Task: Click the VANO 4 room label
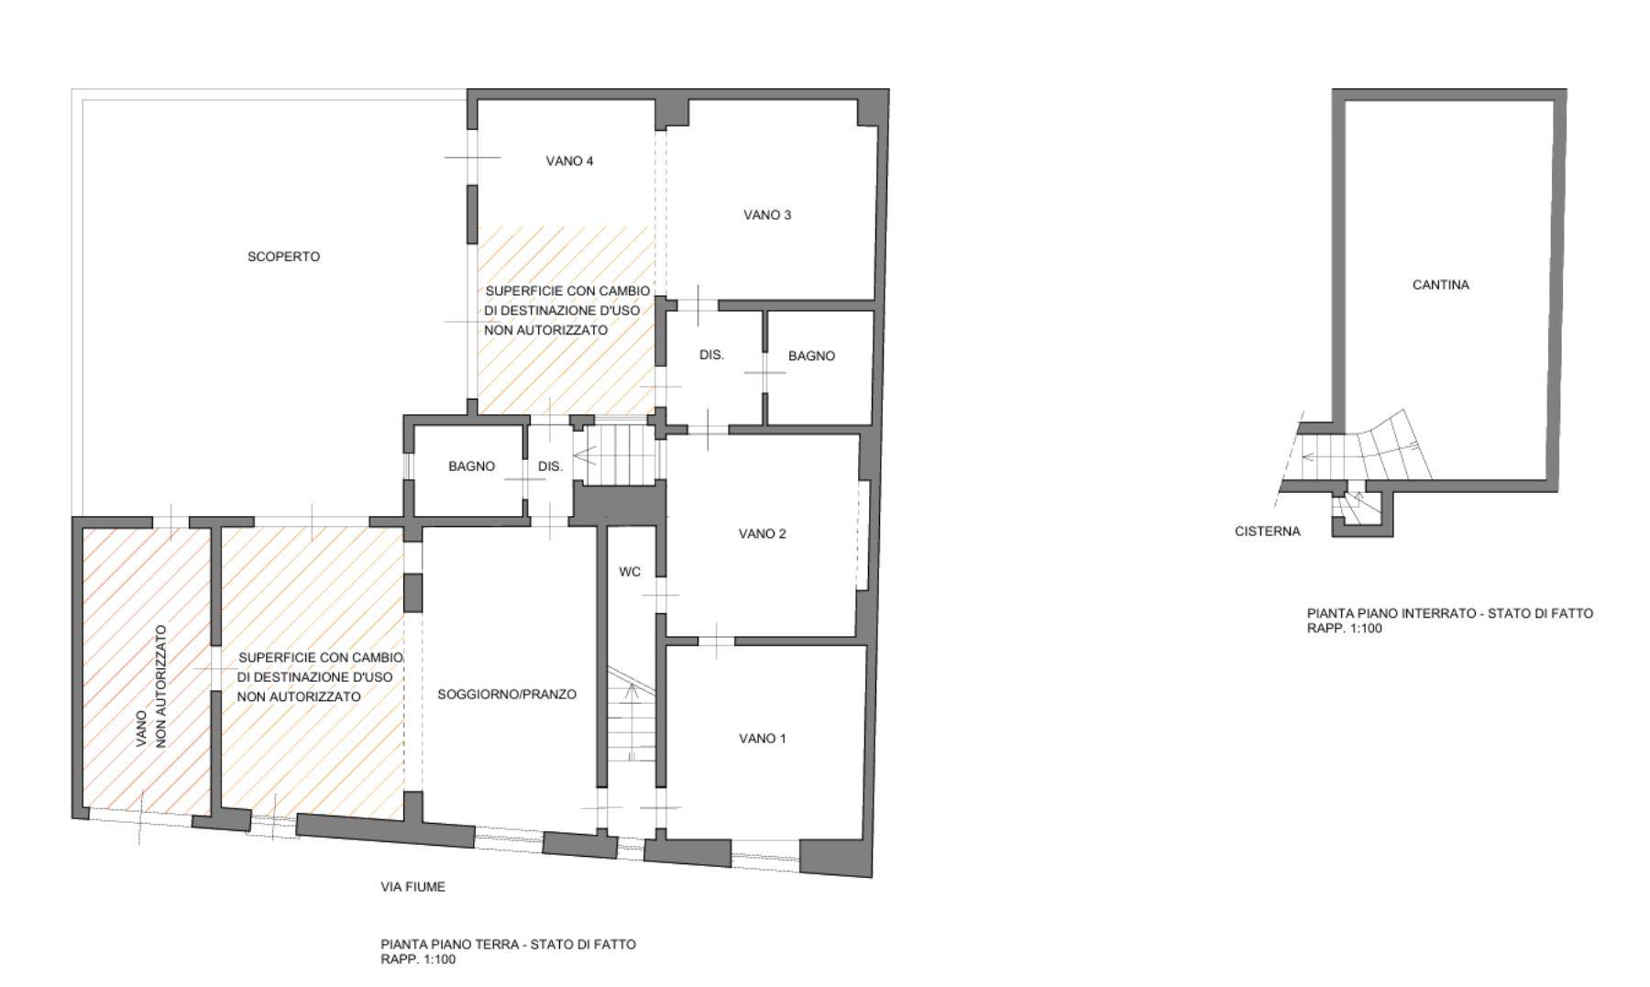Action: pyautogui.click(x=569, y=161)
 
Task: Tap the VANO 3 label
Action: pyautogui.click(x=767, y=215)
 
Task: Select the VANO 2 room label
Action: pyautogui.click(x=763, y=534)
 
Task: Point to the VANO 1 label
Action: pyautogui.click(x=763, y=739)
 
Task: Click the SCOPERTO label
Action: pyautogui.click(x=284, y=257)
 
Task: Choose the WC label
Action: pyautogui.click(x=630, y=572)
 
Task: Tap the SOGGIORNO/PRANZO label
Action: pyautogui.click(x=507, y=695)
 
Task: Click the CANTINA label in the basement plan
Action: pyautogui.click(x=1441, y=285)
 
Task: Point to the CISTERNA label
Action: pyautogui.click(x=1268, y=532)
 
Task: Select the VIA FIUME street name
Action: pyautogui.click(x=413, y=887)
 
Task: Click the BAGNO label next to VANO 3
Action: pyautogui.click(x=812, y=356)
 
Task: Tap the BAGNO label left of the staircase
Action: pyautogui.click(x=472, y=466)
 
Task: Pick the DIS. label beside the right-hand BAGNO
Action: pyautogui.click(x=712, y=355)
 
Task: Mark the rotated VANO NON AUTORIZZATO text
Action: pyautogui.click(x=151, y=686)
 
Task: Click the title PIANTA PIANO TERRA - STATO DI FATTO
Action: pyautogui.click(x=509, y=944)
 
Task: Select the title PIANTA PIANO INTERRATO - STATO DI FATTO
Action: pyautogui.click(x=1450, y=613)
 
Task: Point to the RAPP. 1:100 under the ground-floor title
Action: pyautogui.click(x=418, y=960)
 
